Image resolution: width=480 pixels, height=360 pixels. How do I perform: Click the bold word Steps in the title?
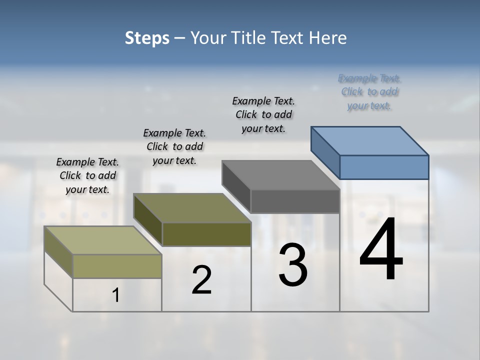(147, 38)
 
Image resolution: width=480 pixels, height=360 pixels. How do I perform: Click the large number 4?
(381, 250)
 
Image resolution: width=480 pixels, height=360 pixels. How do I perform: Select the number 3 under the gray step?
(293, 265)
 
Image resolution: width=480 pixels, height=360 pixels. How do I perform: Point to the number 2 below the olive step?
(202, 280)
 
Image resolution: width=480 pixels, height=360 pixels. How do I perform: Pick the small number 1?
(116, 295)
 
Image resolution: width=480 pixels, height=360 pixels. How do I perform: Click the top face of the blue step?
(370, 140)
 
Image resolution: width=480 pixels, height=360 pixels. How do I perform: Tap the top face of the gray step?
(281, 175)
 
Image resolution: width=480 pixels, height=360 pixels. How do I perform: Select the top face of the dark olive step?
(192, 208)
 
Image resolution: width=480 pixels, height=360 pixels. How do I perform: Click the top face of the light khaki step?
(103, 240)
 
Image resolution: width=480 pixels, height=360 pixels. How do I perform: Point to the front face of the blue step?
(384, 167)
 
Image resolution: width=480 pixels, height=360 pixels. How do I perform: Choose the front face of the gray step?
(295, 201)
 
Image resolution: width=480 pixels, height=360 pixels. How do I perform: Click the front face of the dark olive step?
(206, 234)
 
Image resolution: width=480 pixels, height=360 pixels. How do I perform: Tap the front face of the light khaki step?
(117, 266)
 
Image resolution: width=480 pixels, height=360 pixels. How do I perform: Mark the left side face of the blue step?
(325, 152)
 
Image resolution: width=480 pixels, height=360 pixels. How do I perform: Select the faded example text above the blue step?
(369, 92)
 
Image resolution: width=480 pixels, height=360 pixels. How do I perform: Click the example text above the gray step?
(264, 114)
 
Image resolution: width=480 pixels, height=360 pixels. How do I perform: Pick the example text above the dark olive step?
(174, 146)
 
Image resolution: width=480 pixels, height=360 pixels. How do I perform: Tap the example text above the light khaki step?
(87, 175)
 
